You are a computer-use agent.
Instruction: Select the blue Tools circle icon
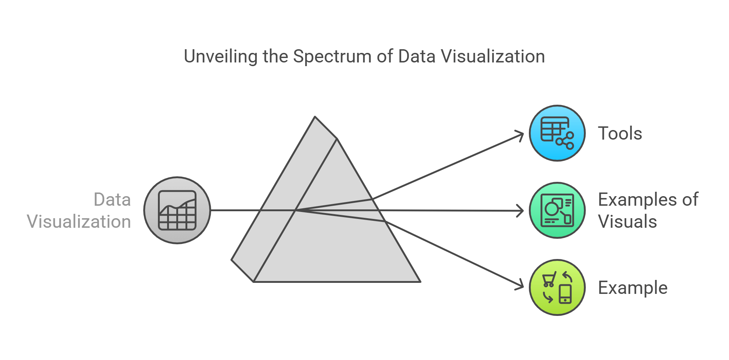pos(557,133)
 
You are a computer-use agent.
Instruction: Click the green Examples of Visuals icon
pos(557,210)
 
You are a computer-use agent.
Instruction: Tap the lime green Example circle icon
pos(557,288)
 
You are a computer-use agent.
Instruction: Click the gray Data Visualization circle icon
pos(177,210)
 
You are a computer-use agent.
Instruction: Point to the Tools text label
pos(620,133)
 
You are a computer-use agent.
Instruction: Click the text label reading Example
pos(632,288)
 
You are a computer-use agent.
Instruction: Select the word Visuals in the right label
pos(627,222)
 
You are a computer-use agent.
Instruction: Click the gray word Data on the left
pos(112,200)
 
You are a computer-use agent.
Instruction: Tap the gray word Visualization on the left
pos(79,222)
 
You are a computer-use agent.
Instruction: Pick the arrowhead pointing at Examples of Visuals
pos(522,211)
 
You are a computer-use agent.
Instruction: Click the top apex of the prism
pos(315,117)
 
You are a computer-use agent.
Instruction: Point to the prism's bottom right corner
pos(420,281)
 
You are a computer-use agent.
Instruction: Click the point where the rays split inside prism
pos(296,210)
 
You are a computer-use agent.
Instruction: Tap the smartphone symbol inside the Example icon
pos(565,294)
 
